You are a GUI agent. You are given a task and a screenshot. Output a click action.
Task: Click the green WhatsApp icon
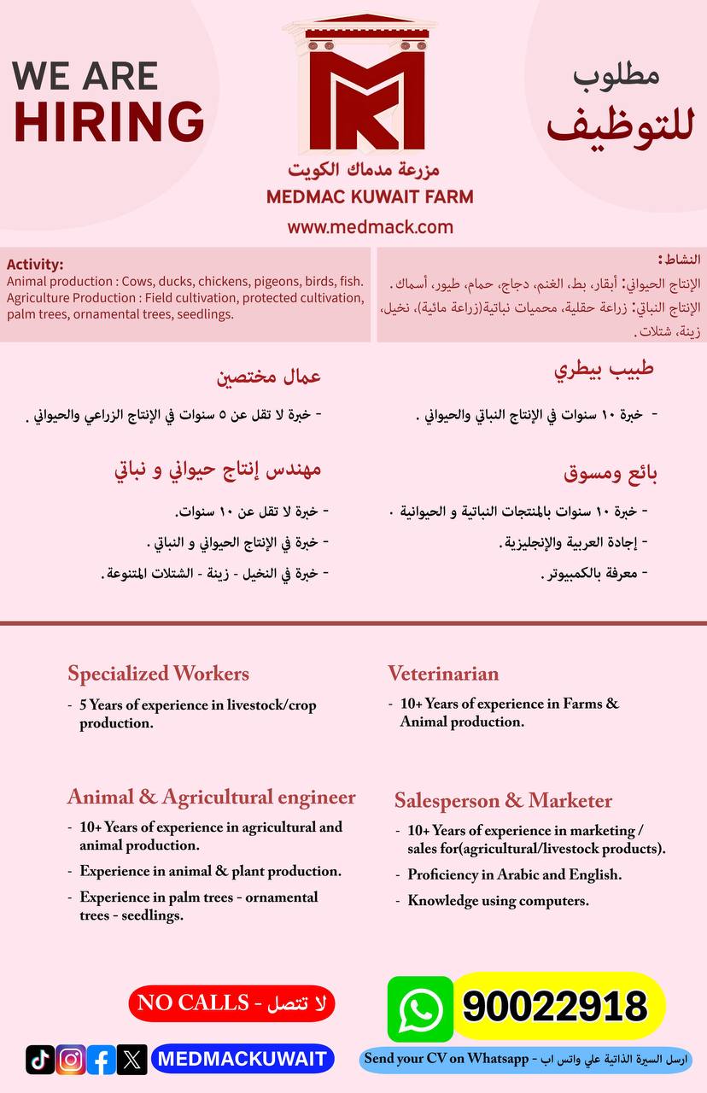(x=420, y=1008)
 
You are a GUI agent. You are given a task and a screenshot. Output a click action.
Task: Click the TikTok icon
(x=40, y=1060)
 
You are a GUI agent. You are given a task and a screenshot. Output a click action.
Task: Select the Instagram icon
(x=71, y=1060)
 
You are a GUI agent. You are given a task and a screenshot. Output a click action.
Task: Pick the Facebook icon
(x=101, y=1060)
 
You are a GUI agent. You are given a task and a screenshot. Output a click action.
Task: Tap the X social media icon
(x=131, y=1060)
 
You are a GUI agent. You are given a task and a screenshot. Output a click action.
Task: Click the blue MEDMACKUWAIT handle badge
(x=242, y=1060)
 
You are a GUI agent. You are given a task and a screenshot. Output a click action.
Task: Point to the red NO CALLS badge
(x=231, y=1003)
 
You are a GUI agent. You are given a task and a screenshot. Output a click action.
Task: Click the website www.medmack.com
(x=370, y=227)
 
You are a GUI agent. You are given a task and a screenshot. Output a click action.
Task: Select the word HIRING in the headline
(x=108, y=120)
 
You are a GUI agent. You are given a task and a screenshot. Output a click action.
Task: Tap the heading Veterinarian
(x=443, y=674)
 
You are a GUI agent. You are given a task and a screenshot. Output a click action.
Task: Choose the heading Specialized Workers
(x=158, y=674)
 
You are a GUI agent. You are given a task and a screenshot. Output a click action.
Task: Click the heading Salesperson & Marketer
(x=503, y=801)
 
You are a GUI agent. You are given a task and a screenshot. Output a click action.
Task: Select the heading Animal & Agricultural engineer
(x=211, y=798)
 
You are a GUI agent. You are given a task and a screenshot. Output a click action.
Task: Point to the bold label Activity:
(x=35, y=265)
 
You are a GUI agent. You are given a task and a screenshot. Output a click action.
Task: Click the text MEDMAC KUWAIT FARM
(x=370, y=197)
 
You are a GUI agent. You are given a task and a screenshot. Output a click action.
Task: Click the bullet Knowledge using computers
(x=498, y=901)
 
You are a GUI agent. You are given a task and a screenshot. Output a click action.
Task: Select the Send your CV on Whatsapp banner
(x=525, y=1059)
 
